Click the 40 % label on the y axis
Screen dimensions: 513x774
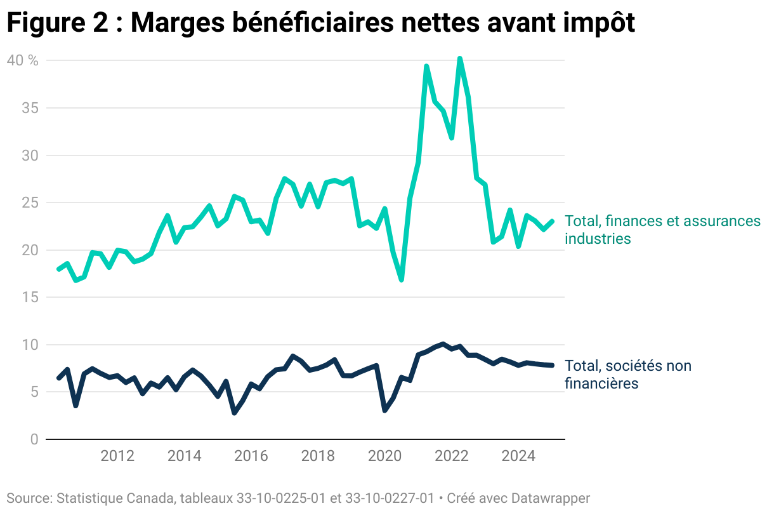pos(22,60)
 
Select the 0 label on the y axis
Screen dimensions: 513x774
pos(34,439)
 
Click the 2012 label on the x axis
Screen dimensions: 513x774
pos(117,456)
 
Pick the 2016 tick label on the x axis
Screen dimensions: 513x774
pos(251,456)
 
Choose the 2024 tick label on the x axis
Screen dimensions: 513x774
pos(518,456)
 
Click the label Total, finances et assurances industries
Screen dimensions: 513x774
pos(662,230)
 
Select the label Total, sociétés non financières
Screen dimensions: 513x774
pos(628,375)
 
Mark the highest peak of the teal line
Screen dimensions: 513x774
pos(459,58)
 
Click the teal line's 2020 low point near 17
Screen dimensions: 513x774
pos(401,279)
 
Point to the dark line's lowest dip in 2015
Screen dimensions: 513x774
pos(234,413)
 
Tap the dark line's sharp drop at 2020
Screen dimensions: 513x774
pos(384,410)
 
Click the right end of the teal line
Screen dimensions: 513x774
pos(552,222)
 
